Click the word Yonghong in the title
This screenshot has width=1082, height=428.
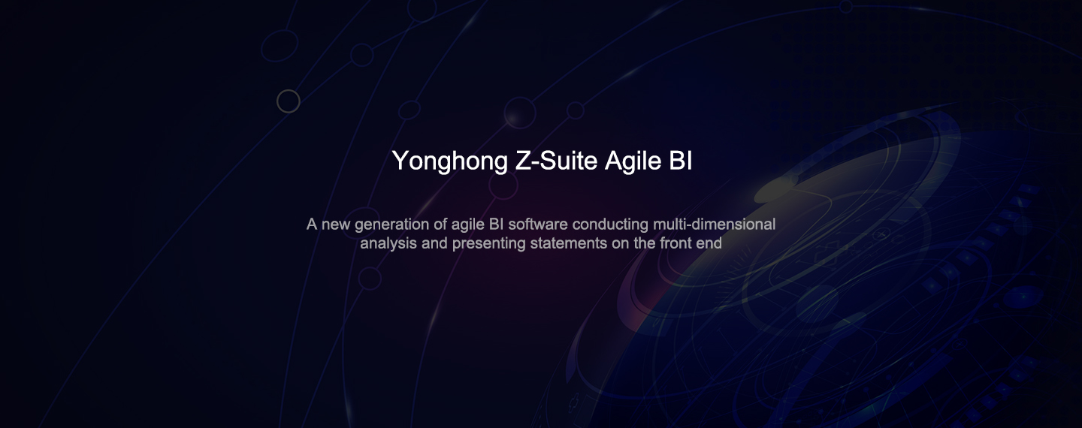(x=449, y=161)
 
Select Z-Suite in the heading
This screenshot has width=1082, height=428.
(x=557, y=160)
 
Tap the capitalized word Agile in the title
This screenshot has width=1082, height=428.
(x=633, y=161)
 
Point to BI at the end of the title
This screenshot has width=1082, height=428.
(x=681, y=160)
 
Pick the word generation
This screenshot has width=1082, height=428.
(x=391, y=225)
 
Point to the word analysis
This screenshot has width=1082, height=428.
(x=388, y=244)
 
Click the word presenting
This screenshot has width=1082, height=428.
(x=489, y=244)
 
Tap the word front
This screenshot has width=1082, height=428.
(x=676, y=243)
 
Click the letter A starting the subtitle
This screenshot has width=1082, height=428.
(x=312, y=225)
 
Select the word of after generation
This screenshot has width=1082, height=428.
(x=440, y=225)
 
